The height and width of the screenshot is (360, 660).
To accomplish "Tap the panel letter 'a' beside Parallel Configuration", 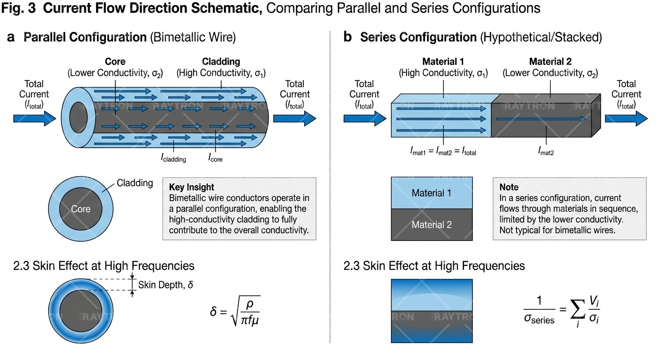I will pos(12,37).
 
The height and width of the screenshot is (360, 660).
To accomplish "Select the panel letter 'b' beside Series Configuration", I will pos(347,37).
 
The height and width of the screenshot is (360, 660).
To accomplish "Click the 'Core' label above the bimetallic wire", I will pos(115,61).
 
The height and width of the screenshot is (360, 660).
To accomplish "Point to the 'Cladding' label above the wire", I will pos(221,61).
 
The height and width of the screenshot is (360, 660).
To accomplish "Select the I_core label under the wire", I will pos(215,158).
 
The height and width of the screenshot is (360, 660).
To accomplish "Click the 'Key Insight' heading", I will pos(191,187).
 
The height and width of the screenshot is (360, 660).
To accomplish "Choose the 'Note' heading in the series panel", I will pos(509,187).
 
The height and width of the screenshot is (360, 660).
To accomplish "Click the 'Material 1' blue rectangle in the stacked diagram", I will pos(431,193).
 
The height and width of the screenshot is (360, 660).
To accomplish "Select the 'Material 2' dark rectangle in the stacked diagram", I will pos(431,225).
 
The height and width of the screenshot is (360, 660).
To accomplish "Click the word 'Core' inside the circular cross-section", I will pos(81,209).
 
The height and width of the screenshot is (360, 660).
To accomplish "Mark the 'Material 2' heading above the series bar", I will pos(550,61).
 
